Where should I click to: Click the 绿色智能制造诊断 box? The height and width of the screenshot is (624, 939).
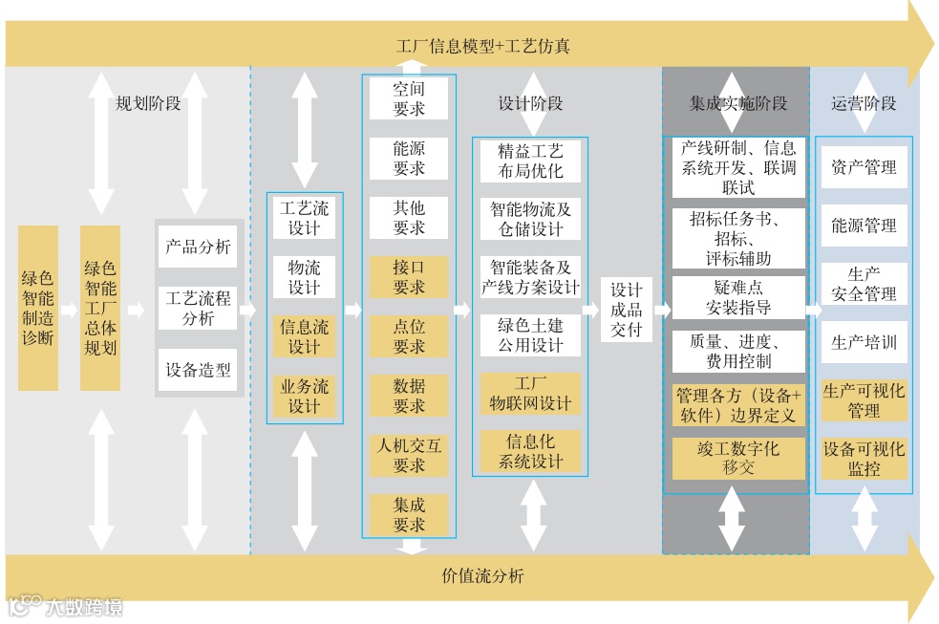click(38, 308)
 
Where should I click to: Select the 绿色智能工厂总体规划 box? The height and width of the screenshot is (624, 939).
click(100, 308)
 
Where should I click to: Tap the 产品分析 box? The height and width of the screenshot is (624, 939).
click(198, 247)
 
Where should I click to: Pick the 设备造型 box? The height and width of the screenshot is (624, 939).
click(198, 370)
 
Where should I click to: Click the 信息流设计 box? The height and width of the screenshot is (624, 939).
click(305, 336)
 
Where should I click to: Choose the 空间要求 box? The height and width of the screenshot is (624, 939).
click(409, 98)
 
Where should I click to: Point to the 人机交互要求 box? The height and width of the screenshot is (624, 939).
click(409, 455)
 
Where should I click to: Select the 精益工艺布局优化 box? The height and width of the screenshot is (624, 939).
click(530, 161)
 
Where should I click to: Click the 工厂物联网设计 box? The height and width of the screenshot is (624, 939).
click(530, 393)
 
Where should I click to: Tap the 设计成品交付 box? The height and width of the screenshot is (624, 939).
click(627, 310)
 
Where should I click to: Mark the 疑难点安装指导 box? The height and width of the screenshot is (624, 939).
click(738, 297)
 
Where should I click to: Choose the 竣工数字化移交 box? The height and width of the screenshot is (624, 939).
click(738, 458)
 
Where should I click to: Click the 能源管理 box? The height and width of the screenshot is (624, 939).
click(864, 226)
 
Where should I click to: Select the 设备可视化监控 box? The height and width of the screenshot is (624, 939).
click(864, 459)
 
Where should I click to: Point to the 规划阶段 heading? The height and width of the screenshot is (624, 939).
click(148, 103)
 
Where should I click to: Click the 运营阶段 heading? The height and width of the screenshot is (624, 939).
click(864, 103)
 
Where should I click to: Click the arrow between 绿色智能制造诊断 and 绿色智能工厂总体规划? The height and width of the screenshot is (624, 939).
click(69, 310)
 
